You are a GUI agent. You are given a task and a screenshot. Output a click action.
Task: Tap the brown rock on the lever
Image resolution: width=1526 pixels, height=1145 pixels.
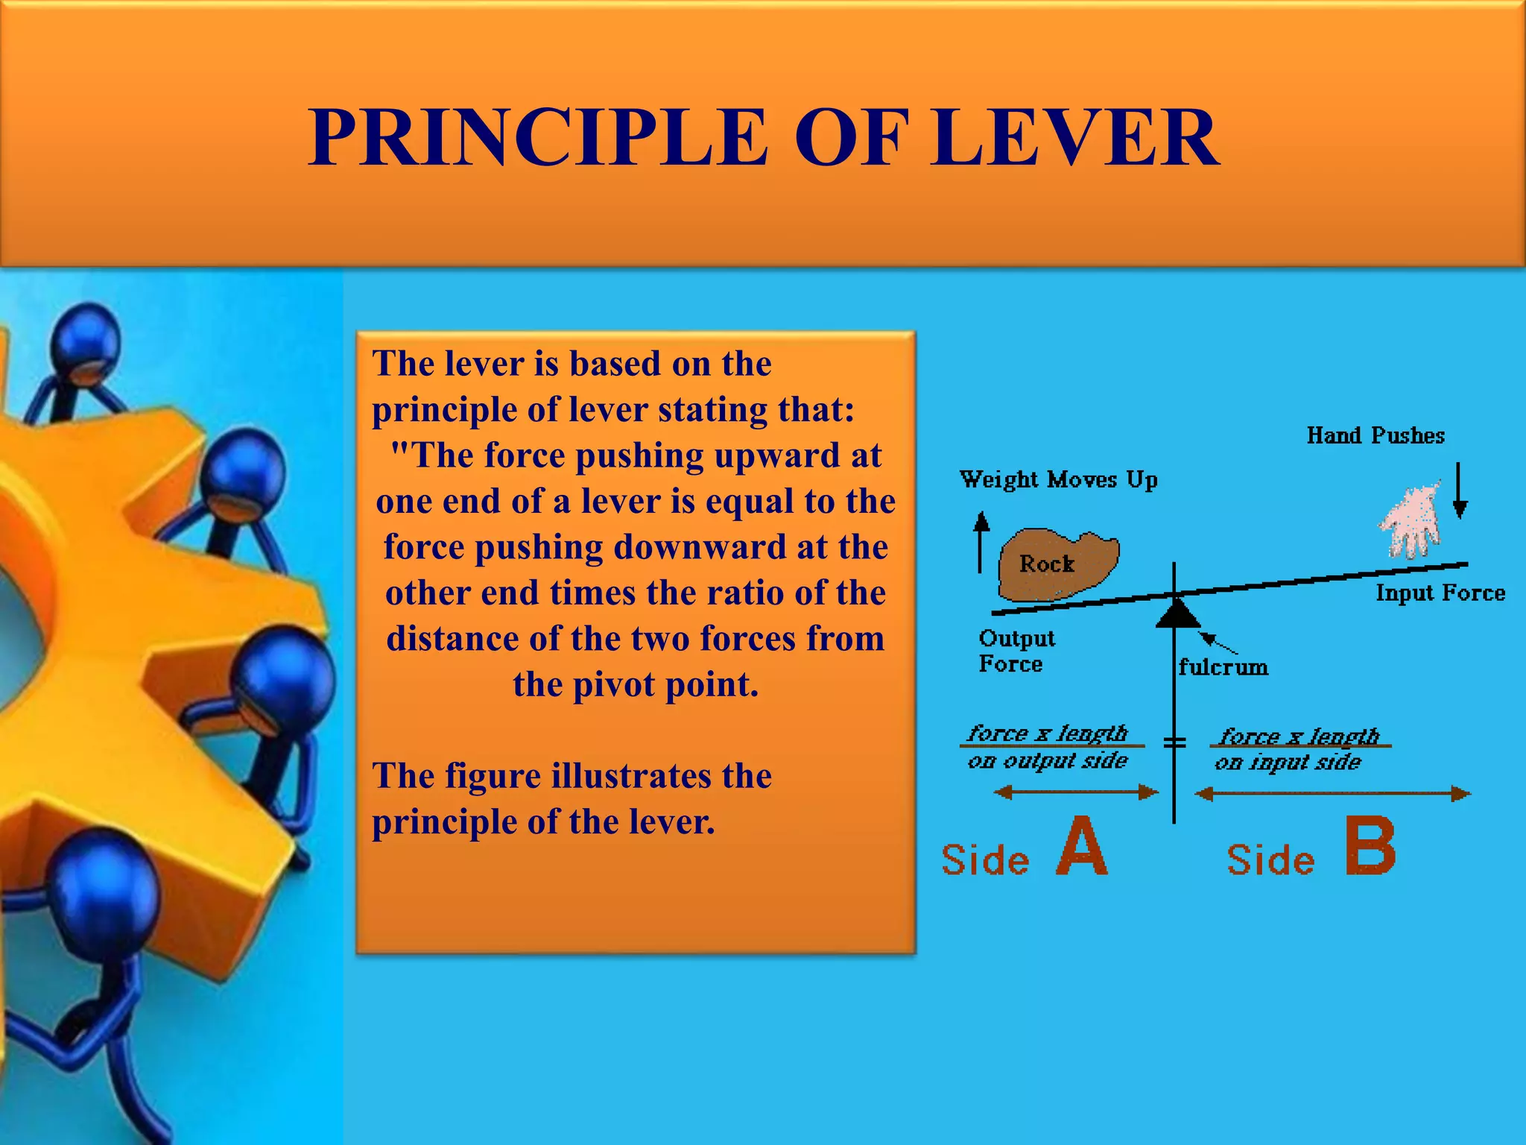click(1057, 564)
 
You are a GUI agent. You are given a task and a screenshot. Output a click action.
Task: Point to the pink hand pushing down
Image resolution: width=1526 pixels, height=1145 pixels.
click(1410, 522)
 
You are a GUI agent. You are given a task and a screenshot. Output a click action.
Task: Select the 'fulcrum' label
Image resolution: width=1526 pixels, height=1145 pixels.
click(1223, 666)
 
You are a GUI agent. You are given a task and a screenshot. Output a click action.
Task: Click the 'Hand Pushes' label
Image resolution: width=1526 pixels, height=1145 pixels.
click(1375, 435)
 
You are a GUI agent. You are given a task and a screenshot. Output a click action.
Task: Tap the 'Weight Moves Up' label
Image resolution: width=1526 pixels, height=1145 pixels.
click(1058, 479)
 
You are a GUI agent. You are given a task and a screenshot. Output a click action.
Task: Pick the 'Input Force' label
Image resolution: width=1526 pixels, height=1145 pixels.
click(1440, 593)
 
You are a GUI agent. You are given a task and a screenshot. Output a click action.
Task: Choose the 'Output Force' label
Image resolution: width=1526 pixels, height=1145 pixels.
click(1016, 651)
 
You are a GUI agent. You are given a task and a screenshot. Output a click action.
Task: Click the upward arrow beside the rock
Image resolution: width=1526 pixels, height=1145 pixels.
click(981, 541)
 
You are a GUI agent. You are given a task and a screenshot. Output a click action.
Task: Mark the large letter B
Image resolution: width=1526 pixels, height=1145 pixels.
click(1370, 846)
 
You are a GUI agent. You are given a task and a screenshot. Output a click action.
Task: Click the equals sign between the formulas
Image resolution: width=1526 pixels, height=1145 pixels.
click(1175, 742)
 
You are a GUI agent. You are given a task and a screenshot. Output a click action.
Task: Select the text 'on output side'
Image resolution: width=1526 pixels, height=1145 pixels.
click(1048, 761)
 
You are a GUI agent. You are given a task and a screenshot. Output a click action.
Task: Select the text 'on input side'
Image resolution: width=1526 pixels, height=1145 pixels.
click(1288, 763)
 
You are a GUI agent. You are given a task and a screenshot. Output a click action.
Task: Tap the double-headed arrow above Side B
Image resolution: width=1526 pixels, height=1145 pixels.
click(1332, 794)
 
